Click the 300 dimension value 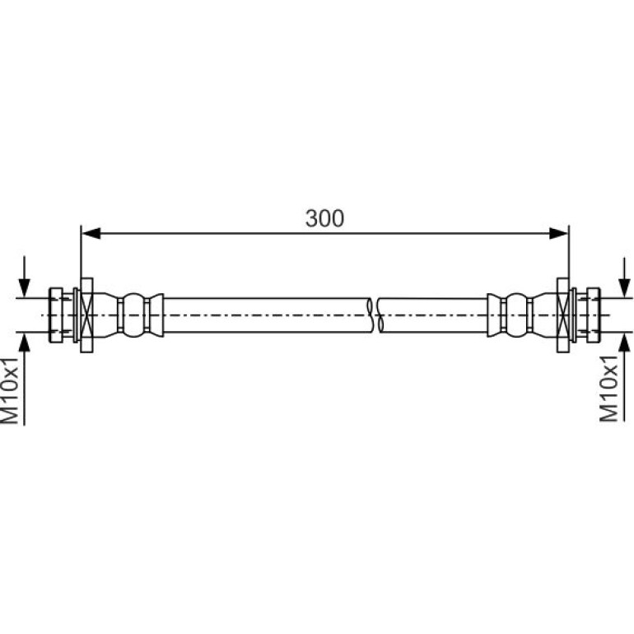point(324,218)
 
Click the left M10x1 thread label point(10,390)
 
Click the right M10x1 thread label point(608,389)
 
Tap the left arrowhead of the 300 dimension point(91,233)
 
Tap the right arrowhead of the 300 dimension point(559,233)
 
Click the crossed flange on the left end point(86,315)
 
